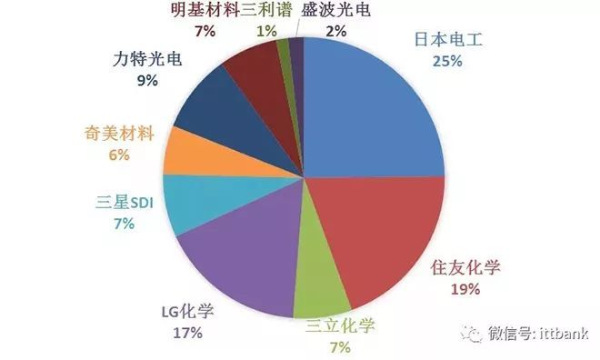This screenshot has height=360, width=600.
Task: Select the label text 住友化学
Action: (465, 268)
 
